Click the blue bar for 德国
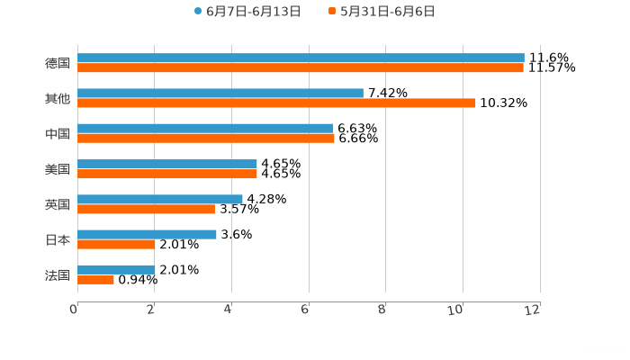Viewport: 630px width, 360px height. point(301,58)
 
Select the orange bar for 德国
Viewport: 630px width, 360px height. point(301,67)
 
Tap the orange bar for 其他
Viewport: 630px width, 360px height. point(276,103)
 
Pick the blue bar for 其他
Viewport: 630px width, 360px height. point(220,93)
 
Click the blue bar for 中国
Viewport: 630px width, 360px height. point(205,128)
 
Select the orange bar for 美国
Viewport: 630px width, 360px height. point(167,174)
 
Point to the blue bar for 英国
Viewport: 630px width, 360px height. point(160,199)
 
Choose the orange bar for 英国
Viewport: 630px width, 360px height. point(146,209)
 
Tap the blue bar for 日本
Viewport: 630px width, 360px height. point(147,234)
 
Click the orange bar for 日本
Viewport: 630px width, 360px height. point(116,244)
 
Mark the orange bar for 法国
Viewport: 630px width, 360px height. point(95,279)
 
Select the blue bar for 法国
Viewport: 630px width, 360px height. point(116,269)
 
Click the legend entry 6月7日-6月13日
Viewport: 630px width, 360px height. point(247,12)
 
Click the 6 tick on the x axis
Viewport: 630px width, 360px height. point(305,310)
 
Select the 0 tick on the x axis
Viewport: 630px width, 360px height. point(74,310)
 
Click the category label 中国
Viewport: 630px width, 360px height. point(58,133)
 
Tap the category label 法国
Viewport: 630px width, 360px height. point(58,274)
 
